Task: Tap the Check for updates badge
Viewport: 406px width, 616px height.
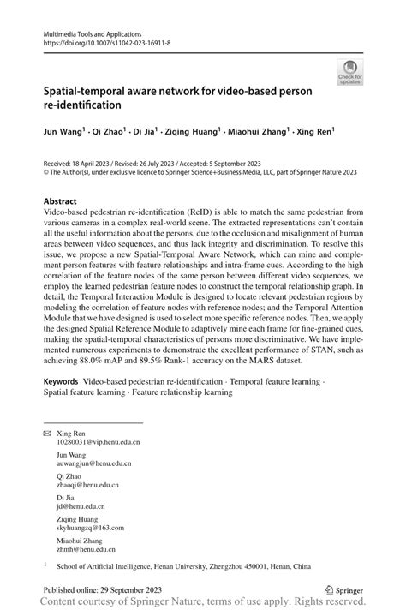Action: tap(349, 72)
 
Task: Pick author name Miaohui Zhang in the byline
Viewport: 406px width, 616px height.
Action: tap(256, 132)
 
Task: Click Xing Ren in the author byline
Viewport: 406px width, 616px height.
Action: tap(313, 132)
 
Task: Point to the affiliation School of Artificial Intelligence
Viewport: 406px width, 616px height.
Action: tap(111, 565)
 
